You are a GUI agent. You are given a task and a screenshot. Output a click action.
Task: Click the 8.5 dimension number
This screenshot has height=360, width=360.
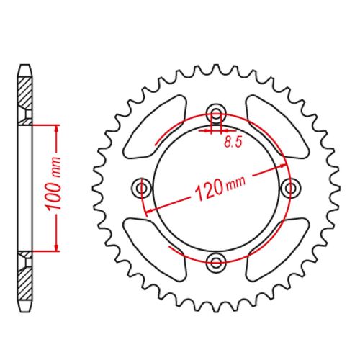point(233,143)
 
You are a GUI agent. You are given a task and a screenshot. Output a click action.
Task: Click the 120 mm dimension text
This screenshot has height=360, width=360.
point(220,189)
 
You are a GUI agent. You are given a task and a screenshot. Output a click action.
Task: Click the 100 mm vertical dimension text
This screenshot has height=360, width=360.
point(54,184)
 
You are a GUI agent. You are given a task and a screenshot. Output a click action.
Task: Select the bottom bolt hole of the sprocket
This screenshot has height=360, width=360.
point(216,262)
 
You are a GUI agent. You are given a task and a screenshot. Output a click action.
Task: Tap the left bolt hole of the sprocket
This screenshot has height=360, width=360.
point(142,187)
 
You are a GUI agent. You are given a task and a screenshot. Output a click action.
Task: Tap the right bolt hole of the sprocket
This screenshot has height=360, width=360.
point(291,187)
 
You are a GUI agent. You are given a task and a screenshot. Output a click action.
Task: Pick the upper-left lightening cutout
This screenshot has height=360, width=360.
point(156,127)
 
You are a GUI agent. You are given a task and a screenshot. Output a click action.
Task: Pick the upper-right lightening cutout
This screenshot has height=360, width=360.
point(277,127)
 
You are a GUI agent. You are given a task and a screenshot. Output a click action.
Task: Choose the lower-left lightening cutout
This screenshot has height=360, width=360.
point(155,250)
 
